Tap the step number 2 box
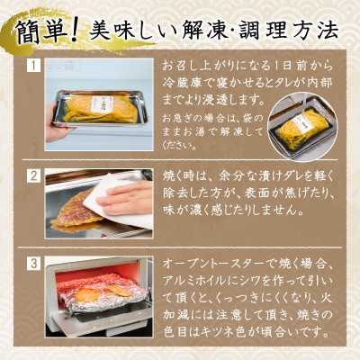(33, 175)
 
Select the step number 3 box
(33, 264)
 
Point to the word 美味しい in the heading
(136, 31)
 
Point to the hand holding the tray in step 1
(57, 130)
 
